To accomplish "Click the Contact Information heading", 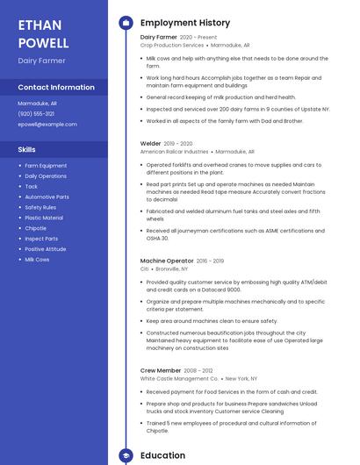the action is tap(56, 88).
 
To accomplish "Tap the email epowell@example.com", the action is tap(47, 125).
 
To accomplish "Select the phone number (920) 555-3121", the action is tap(36, 114).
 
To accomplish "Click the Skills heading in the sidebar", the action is tap(27, 149).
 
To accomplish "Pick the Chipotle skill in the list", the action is tap(36, 228).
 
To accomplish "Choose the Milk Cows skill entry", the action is tap(37, 260).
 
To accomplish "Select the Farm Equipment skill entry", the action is tap(46, 166).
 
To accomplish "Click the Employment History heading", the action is tap(185, 23).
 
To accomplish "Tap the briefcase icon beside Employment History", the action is tap(126, 23).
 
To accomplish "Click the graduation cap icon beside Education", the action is tap(126, 456).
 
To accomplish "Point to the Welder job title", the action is tap(151, 143).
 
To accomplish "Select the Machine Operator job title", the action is tap(167, 261).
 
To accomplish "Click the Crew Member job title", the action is tap(161, 371).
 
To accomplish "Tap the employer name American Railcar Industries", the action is tap(175, 152).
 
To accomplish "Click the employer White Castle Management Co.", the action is tap(179, 379).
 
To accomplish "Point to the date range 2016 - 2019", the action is tap(210, 261).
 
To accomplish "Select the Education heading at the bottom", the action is tap(163, 456).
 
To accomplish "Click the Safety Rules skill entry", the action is tap(40, 207).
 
